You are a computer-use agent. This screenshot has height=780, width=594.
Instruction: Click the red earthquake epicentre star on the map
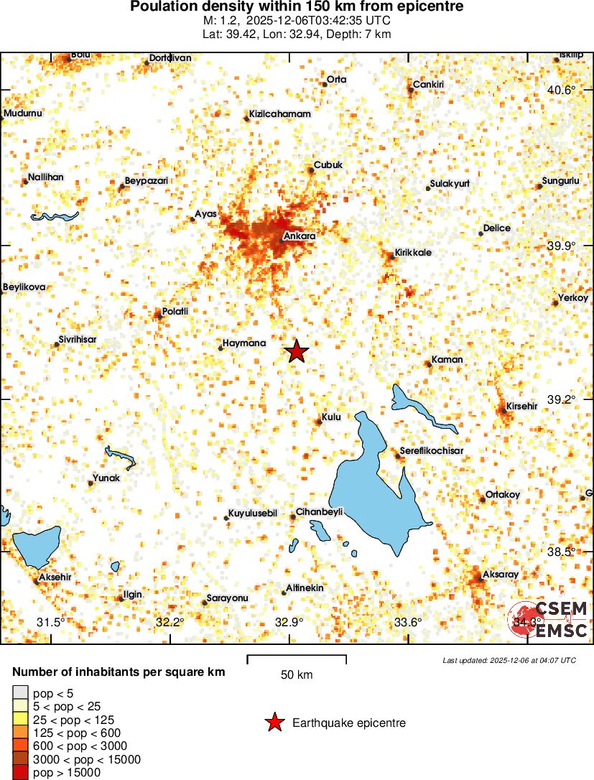pos(297,351)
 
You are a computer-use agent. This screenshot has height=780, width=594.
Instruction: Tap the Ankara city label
pos(300,235)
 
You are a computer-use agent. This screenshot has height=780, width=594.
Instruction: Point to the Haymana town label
pos(244,343)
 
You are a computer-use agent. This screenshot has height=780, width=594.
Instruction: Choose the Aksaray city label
pos(500,575)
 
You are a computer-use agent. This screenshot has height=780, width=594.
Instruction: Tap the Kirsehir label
pos(521,406)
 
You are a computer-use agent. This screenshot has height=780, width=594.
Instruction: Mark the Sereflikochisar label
pos(432,451)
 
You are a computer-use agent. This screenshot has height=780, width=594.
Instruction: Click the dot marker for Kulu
pos(320,422)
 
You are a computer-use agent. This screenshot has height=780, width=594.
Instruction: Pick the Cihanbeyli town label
pos(320,511)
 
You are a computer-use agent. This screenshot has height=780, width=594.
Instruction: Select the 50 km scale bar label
pos(297,675)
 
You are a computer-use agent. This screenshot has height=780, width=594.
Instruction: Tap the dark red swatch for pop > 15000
pos(21,773)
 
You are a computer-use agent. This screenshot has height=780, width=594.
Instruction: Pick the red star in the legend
pos(274,723)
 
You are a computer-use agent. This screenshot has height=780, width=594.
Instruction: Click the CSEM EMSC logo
pos(549,620)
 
